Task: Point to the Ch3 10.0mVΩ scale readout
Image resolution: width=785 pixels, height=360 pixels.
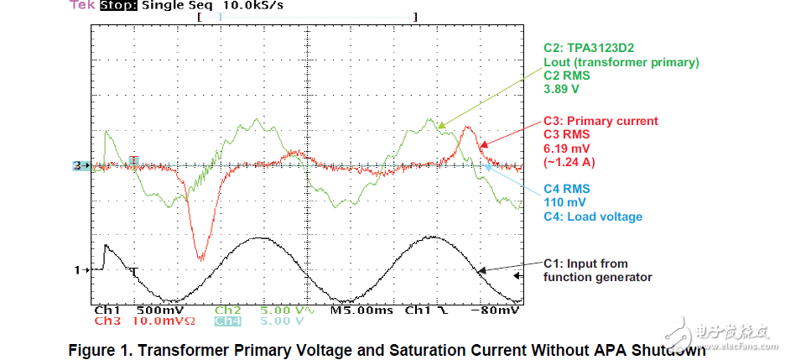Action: point(138,321)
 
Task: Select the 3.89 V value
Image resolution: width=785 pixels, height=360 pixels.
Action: point(561,88)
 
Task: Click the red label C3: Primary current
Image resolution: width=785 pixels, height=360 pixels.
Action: point(599,121)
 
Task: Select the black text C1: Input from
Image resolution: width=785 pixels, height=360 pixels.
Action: point(585,263)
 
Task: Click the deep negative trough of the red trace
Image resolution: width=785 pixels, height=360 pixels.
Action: point(200,257)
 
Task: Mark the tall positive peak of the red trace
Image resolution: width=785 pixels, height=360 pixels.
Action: point(468,129)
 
